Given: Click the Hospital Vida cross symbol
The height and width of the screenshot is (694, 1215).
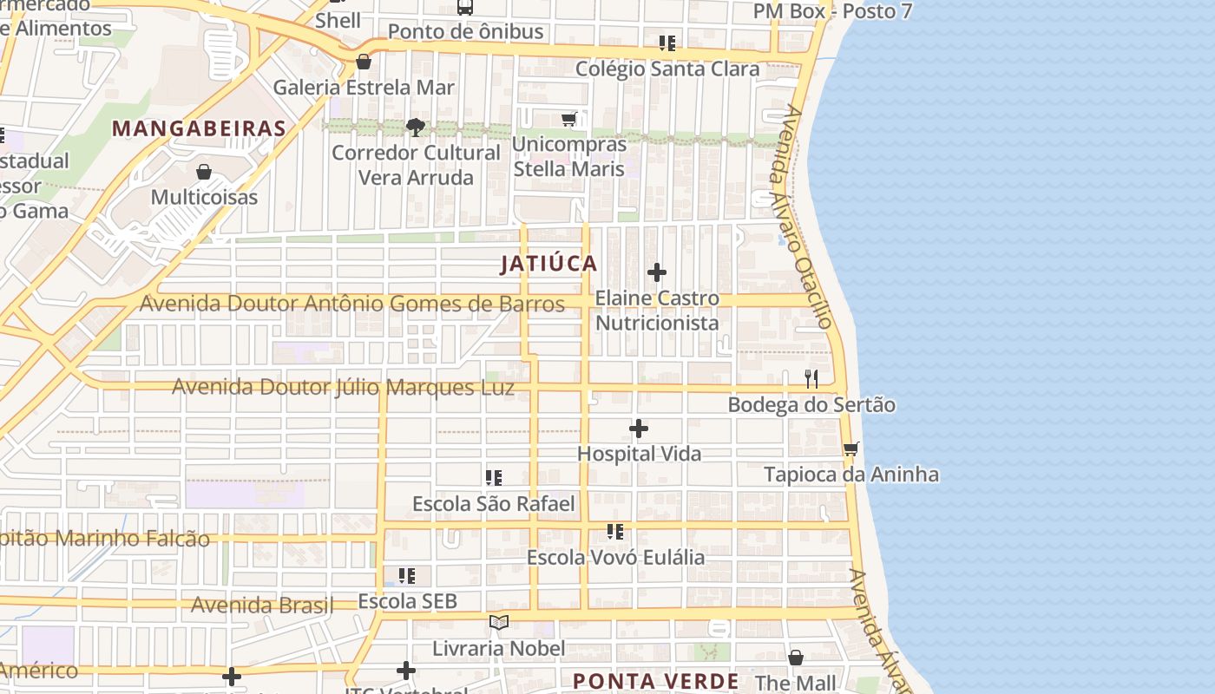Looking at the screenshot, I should point(639,429).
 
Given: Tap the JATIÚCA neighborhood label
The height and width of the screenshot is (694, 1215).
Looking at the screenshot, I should point(548,264).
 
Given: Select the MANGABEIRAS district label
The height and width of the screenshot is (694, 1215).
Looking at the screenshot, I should point(200,129).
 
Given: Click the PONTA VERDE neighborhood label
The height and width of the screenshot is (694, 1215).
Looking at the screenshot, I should point(656,681).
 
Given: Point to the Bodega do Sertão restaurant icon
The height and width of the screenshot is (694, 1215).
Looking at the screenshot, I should point(811,379).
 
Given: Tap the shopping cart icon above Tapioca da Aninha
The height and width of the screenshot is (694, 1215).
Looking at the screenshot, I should point(851,449).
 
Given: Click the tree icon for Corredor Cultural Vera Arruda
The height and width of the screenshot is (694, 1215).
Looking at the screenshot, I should point(416,128).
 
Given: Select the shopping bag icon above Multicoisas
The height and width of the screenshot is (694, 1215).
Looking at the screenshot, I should point(204,172).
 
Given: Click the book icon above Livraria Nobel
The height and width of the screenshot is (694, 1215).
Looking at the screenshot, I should point(498,622).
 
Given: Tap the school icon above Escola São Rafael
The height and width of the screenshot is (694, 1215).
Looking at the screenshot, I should point(494,478).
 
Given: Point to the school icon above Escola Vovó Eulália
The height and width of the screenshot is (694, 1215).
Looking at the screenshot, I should point(615,531).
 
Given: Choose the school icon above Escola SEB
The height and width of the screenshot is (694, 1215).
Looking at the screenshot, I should point(407,575).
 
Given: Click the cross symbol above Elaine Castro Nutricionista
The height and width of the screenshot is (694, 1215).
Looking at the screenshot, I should point(657,272).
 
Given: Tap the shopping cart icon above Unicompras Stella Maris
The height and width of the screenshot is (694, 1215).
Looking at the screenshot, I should point(569,119).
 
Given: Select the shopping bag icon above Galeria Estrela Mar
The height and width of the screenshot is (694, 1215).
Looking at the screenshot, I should point(364,62).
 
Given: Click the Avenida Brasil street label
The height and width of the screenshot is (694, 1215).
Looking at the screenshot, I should point(262,605).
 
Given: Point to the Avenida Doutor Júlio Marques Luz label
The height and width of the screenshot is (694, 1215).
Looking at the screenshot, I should point(343,387).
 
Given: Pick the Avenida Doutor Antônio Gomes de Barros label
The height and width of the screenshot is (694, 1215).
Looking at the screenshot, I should point(352,304).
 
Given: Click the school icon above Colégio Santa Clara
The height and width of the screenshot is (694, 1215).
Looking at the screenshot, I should point(667,43).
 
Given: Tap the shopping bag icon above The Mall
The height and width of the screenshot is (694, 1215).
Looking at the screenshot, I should point(796,658).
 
